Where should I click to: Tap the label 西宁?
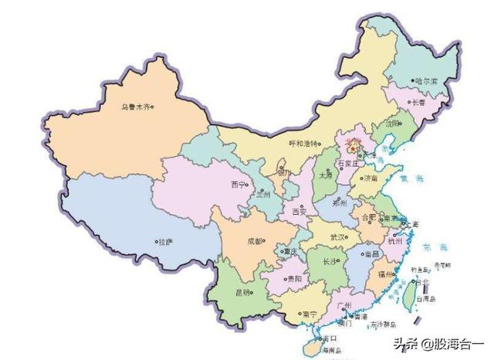pos(237,185)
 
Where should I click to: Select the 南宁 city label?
pos(310,314)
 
